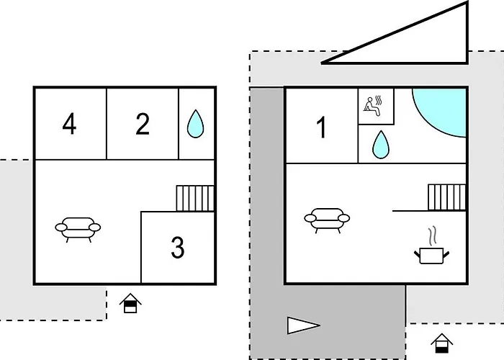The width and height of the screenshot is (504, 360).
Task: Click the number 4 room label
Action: pos(69,124)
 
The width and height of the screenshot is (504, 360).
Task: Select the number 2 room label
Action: pos(143,124)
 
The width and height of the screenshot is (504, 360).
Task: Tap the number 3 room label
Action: pos(178,247)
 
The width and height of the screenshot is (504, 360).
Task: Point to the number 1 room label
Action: pos(322,127)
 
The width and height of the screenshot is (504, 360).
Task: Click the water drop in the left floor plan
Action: pos(195,124)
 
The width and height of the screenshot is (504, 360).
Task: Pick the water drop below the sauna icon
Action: pos(381,145)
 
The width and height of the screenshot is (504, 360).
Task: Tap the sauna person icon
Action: pos(372,107)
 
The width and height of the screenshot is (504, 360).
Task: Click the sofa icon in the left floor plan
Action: pos(78,230)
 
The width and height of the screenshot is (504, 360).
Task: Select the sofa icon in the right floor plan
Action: pos(327,220)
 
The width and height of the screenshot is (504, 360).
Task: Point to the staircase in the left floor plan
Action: pos(195,198)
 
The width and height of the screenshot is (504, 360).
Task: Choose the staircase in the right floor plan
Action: pos(447,197)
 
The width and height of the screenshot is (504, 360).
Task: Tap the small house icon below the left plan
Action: pos(130,303)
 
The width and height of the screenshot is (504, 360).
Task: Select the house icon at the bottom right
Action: pos(441,343)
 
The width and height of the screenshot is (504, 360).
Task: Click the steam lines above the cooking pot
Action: pos(433,236)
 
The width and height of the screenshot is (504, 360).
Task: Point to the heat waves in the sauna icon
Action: pos(379,101)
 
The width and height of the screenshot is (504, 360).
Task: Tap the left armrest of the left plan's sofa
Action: pos(61,228)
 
